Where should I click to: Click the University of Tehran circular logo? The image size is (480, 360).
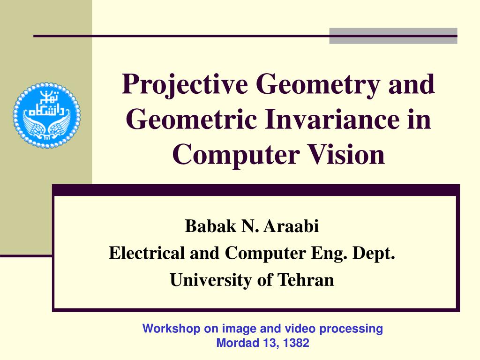[46, 115]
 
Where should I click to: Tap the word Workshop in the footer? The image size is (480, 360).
[171, 329]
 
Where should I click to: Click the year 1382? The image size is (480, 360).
[296, 343]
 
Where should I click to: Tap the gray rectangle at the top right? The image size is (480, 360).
[393, 36]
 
